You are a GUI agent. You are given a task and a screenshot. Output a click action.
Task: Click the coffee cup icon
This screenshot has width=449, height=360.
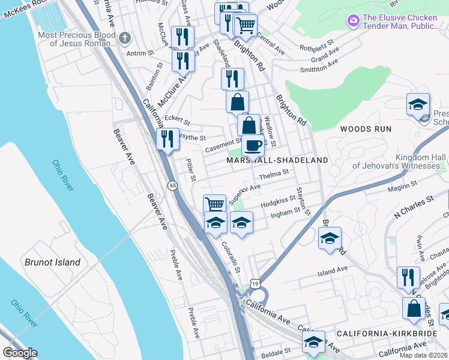[253, 145]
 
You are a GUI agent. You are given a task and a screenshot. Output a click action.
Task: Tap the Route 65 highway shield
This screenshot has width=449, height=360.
[172, 185]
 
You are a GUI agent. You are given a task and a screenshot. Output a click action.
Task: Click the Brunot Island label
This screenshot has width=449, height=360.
[52, 262]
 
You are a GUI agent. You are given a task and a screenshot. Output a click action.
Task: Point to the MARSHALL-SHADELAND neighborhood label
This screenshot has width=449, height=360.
[277, 161]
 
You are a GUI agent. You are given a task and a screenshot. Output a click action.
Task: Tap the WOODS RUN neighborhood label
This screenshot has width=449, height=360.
[366, 129]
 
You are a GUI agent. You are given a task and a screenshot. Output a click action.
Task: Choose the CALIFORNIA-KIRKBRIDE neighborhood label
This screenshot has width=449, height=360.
[385, 334]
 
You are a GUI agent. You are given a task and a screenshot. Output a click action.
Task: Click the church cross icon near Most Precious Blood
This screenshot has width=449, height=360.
[124, 39]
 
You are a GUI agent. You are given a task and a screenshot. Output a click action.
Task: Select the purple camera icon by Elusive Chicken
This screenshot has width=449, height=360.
[353, 21]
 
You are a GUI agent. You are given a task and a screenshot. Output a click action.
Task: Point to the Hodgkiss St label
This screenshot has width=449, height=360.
[279, 202]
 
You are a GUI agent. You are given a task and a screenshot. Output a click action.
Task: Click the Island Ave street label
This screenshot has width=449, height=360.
[333, 272]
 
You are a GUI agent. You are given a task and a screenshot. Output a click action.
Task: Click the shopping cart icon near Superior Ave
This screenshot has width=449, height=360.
[214, 204]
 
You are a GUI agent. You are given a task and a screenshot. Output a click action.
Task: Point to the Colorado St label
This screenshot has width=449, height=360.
[230, 255]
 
